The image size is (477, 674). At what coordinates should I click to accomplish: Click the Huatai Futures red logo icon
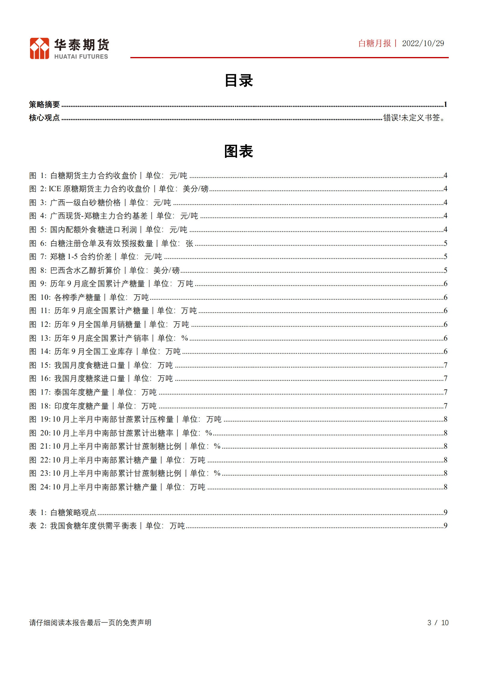(39, 48)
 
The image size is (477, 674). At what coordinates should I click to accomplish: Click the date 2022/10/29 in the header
(423, 44)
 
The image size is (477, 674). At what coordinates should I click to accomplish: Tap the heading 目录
(239, 81)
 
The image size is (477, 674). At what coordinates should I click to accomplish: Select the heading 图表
(239, 151)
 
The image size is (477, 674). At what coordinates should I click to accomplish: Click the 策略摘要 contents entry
(44, 104)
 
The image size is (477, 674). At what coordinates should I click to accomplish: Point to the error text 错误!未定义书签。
(414, 118)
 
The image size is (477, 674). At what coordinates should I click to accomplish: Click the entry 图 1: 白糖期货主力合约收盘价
(108, 176)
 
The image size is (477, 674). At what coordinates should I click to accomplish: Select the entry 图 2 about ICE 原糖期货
(119, 189)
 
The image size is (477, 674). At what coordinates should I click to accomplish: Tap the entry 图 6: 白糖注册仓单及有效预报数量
(111, 243)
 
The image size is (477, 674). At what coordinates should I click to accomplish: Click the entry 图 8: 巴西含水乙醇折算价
(104, 270)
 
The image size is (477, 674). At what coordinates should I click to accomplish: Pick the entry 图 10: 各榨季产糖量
(89, 297)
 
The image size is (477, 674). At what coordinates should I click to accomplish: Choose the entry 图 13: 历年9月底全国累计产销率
(108, 338)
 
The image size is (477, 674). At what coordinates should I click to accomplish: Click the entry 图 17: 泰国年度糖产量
(93, 392)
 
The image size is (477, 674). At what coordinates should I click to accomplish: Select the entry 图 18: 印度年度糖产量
(93, 406)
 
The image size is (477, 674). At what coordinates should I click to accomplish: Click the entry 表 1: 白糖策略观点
(63, 512)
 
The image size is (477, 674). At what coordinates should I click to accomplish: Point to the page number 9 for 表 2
(445, 525)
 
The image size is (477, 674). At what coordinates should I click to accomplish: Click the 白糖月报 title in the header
(375, 44)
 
